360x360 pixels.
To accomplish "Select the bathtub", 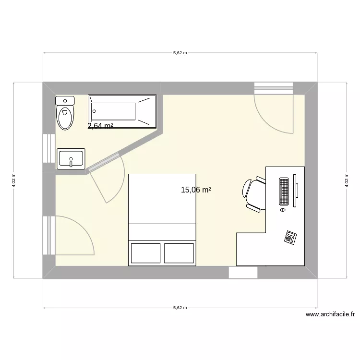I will click(122, 111).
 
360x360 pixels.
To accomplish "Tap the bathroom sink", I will click(71, 158).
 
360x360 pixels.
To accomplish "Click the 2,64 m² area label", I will click(100, 126).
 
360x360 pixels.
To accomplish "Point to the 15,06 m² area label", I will click(196, 190).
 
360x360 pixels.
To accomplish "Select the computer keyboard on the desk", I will click(283, 191).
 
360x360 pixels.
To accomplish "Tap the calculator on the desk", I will click(290, 237).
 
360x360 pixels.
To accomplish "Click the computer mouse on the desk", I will click(282, 209).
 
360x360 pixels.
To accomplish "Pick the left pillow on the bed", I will click(145, 252).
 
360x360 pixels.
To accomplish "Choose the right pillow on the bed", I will click(179, 252).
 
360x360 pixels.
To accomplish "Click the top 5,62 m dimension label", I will click(180, 53).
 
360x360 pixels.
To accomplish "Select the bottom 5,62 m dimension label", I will click(180, 308).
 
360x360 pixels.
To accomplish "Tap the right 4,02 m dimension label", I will click(347, 180).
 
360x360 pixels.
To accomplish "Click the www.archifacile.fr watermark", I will click(330, 315).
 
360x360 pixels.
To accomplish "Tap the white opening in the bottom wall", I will click(243, 273).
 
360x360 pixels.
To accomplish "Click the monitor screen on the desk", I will click(296, 191).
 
